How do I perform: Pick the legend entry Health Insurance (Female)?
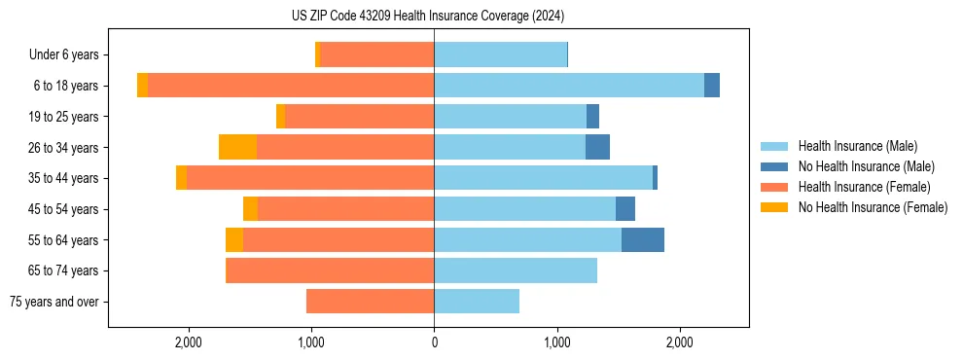(864, 187)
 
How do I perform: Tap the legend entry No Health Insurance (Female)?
(873, 207)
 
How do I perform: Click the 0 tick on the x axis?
(434, 342)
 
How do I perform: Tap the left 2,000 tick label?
(188, 342)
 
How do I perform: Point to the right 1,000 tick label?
(556, 342)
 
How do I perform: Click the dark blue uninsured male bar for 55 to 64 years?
(643, 240)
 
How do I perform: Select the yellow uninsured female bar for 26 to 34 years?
(237, 147)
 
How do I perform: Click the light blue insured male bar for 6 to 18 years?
(569, 86)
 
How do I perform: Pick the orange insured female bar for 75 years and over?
(370, 302)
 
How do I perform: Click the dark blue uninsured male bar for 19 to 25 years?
(592, 117)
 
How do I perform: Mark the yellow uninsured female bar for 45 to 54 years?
(250, 209)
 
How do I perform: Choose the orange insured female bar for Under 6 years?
(376, 55)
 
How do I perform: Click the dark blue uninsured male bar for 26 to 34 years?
(597, 147)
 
